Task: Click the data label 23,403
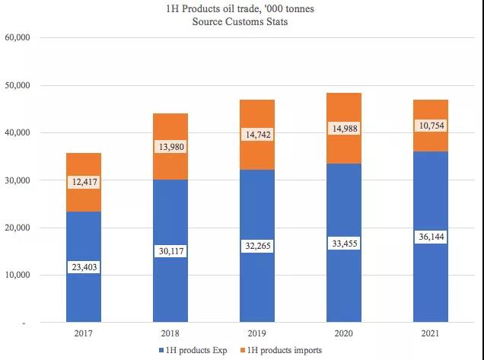[x=84, y=267]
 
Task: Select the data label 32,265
[x=257, y=247]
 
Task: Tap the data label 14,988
[x=344, y=130]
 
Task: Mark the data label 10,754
[x=431, y=124]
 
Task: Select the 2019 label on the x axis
[x=257, y=333]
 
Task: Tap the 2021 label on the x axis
[x=431, y=333]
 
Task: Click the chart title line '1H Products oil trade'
[x=241, y=9]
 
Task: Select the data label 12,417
[x=84, y=182]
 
